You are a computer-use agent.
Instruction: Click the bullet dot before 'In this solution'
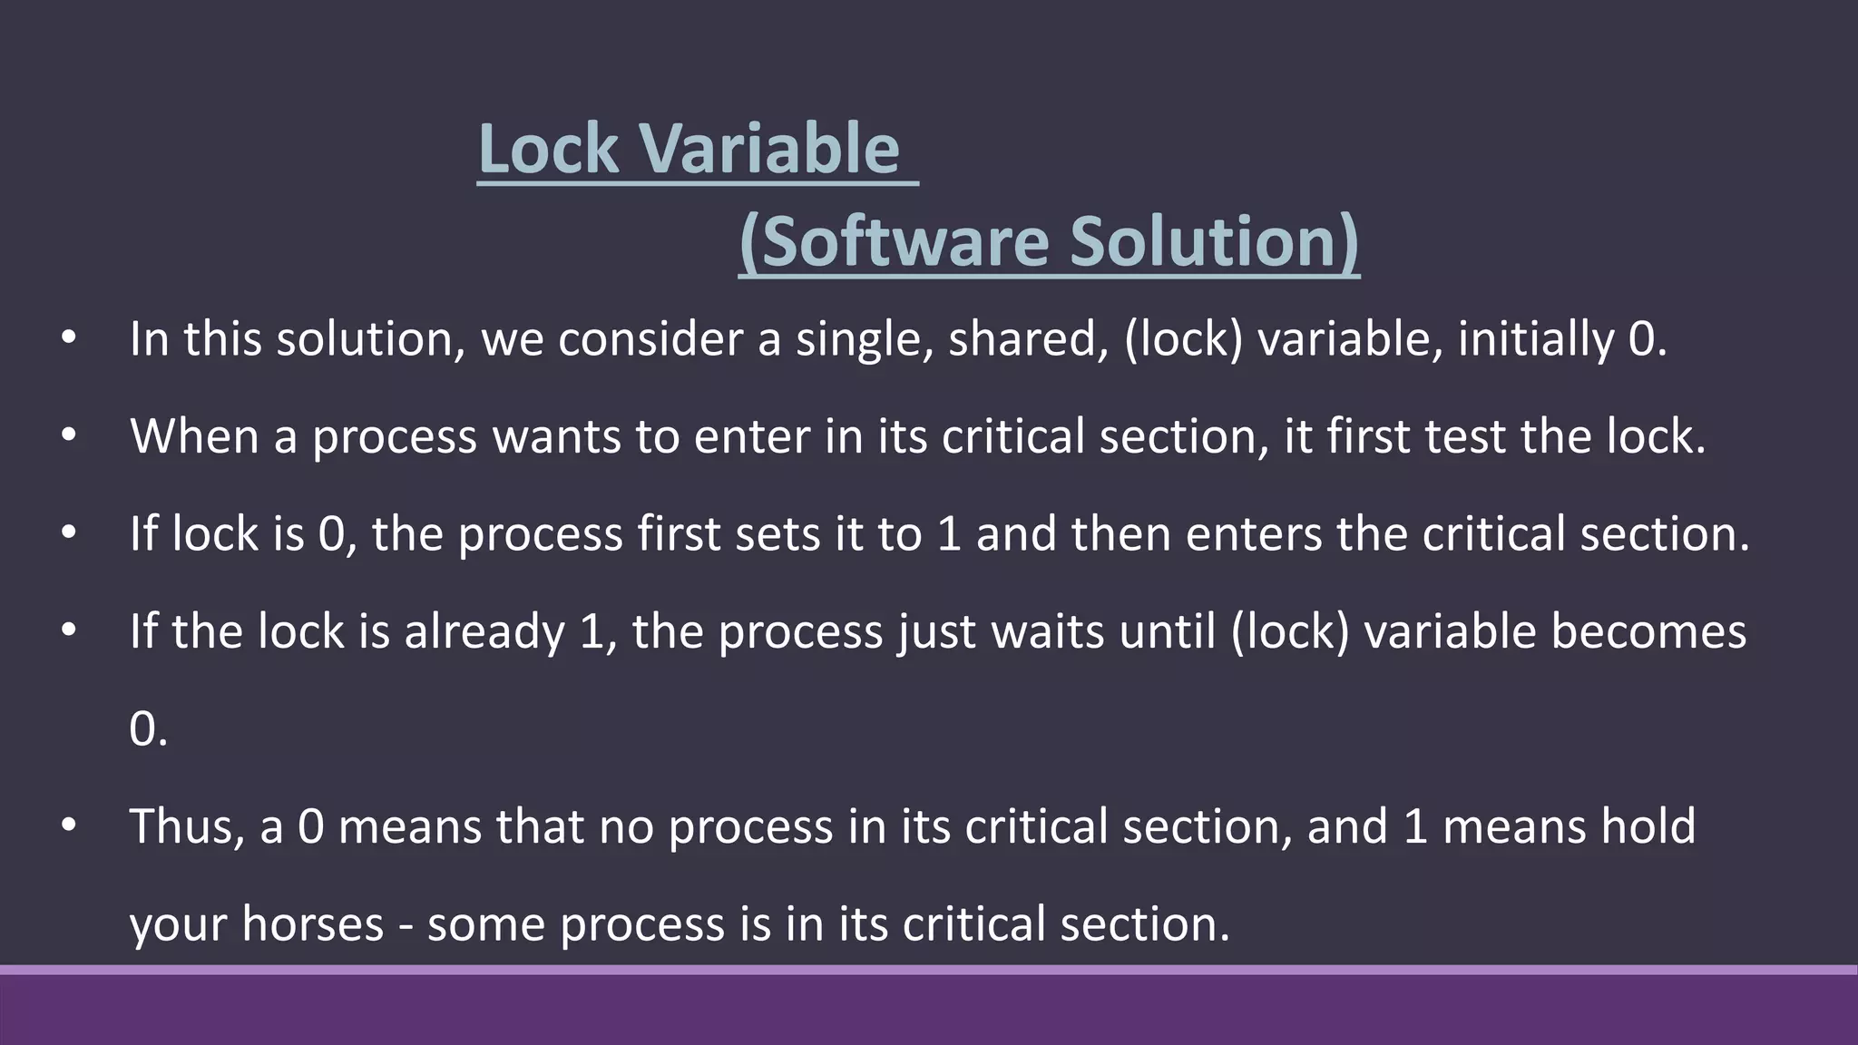click(69, 339)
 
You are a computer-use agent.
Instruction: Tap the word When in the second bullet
click(194, 436)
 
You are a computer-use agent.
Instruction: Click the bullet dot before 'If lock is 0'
click(69, 533)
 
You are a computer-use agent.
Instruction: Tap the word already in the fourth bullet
click(484, 631)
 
